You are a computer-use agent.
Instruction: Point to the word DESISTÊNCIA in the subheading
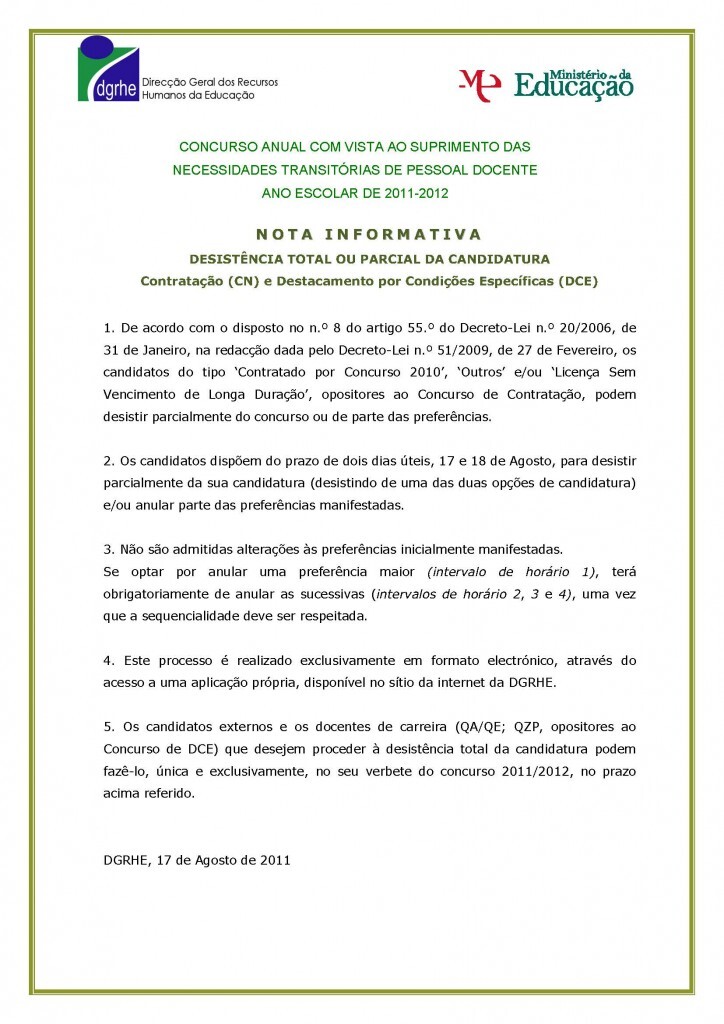(238, 258)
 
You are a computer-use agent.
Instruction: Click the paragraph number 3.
(108, 550)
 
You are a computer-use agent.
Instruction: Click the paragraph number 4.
(108, 661)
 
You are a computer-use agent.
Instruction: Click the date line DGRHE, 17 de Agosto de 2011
(197, 860)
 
